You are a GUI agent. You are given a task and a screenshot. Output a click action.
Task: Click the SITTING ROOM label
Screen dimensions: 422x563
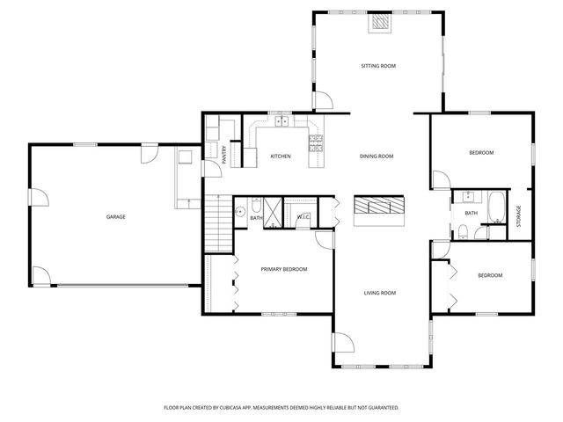point(377,66)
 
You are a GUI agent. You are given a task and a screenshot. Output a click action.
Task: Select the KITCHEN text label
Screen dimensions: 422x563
point(281,156)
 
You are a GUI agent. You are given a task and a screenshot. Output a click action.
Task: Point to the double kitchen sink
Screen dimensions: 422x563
point(281,122)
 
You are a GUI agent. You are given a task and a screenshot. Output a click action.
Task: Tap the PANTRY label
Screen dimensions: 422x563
point(224,156)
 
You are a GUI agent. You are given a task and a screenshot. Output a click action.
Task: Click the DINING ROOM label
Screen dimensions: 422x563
point(377,156)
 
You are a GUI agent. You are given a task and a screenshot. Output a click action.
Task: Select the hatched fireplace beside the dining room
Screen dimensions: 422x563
point(379,207)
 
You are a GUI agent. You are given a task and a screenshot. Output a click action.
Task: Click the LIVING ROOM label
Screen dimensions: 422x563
point(381,293)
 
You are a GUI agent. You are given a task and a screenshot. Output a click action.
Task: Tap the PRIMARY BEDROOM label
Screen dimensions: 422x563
point(283,269)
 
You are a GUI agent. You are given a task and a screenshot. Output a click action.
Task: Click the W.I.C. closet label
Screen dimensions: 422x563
point(303,217)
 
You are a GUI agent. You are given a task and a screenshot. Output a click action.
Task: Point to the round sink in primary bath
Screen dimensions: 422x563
point(238,212)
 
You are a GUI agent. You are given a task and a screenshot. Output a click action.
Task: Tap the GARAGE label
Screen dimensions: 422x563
point(115,216)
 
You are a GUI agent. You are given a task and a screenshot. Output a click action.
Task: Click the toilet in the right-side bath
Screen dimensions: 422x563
point(463,232)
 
